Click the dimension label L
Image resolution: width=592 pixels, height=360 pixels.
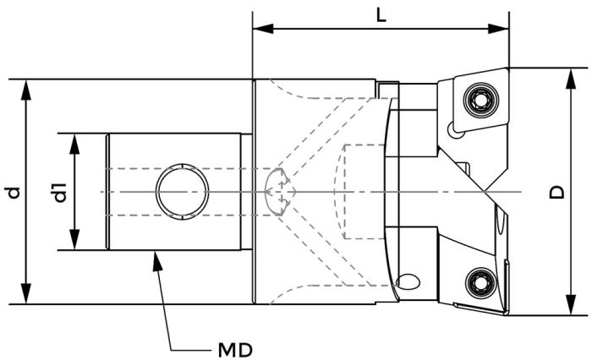[x=381, y=15]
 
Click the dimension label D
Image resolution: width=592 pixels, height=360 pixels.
[x=556, y=192]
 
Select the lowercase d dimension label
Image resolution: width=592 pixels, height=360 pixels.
[x=14, y=193]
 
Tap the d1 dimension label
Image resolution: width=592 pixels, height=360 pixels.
[x=60, y=193]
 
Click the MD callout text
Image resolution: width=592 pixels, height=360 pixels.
[x=235, y=351]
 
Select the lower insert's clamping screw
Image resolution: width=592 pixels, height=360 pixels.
[x=480, y=282]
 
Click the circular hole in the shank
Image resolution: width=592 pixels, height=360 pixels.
[x=182, y=192]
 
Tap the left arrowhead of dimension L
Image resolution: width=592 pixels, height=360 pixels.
[x=263, y=28]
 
